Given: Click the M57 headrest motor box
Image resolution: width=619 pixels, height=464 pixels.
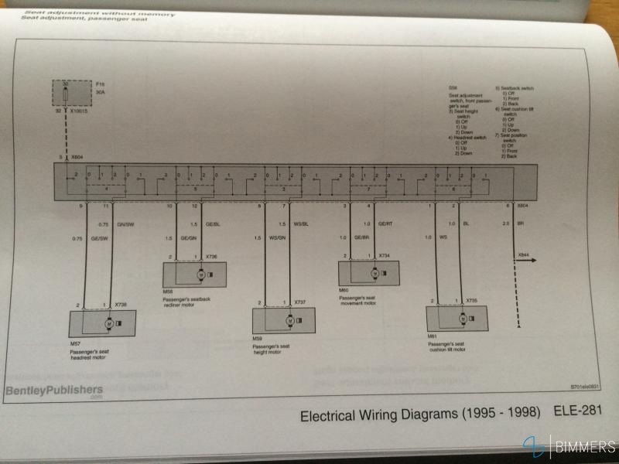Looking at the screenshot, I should (x=103, y=323).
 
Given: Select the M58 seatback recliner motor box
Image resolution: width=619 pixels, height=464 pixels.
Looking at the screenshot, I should (x=194, y=274).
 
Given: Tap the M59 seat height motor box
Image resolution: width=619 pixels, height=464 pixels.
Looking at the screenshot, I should (x=285, y=319).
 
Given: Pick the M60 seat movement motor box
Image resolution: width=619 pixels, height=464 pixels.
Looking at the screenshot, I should (x=369, y=272).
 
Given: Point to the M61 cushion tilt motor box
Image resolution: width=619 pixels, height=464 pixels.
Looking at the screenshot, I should (x=457, y=317).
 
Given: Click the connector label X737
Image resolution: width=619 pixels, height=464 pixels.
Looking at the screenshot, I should (x=301, y=302).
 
